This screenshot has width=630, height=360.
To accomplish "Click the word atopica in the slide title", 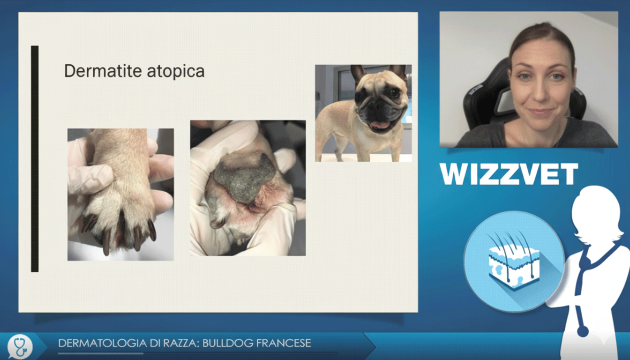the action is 175,71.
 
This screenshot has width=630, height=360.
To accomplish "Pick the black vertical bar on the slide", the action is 35,158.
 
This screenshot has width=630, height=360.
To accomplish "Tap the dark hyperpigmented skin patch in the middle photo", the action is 244,176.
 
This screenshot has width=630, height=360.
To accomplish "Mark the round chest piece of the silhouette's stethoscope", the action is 583,331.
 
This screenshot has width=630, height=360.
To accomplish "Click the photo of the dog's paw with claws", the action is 120,195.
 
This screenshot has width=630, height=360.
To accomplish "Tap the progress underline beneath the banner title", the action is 101,353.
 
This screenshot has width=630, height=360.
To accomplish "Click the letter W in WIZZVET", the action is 455,174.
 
